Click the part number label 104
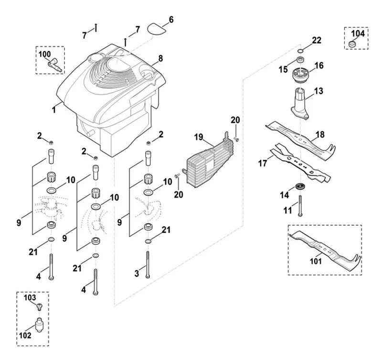(x=358, y=33)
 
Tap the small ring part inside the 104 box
(x=351, y=44)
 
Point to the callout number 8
(x=160, y=58)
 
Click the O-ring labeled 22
(x=300, y=51)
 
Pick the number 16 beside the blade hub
(x=318, y=65)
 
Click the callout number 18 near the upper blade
(x=320, y=134)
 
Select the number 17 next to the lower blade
(x=262, y=163)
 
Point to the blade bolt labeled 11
(x=300, y=206)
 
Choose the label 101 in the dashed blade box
(x=316, y=261)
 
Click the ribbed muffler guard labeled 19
(x=210, y=160)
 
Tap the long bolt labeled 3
(x=148, y=265)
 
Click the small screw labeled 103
(x=39, y=306)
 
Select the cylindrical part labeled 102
(x=39, y=325)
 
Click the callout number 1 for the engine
(x=54, y=110)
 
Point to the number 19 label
(x=199, y=137)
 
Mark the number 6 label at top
(x=171, y=20)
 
